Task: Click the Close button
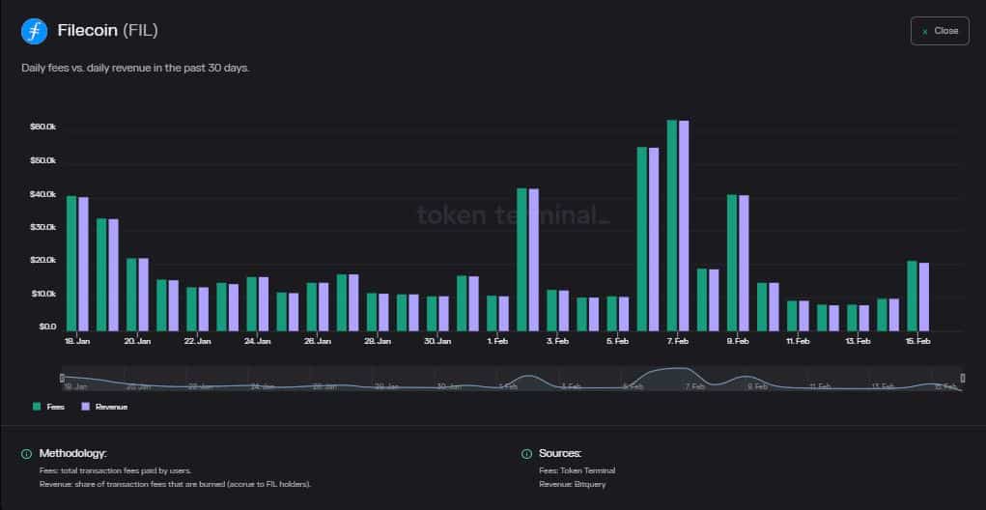tap(939, 31)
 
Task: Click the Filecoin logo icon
tap(34, 31)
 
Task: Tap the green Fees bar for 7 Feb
tap(672, 225)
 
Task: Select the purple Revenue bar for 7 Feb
tap(684, 225)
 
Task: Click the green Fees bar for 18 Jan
tap(71, 263)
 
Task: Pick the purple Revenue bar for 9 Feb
tap(744, 263)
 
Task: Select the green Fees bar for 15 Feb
tap(912, 296)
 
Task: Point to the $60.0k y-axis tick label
tap(42, 127)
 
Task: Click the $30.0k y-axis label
tap(42, 227)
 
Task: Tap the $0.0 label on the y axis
tap(46, 326)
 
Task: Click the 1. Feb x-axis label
tap(498, 341)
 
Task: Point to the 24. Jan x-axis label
tap(258, 341)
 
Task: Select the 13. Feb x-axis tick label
tap(858, 341)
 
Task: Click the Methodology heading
tap(72, 453)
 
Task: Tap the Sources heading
tap(560, 453)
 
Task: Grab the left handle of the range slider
tap(62, 377)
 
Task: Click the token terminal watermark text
tap(513, 213)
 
